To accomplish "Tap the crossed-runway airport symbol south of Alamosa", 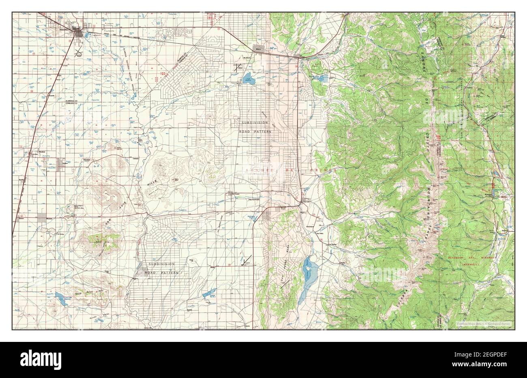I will [x=79, y=52].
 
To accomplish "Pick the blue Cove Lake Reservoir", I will [x=61, y=298].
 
